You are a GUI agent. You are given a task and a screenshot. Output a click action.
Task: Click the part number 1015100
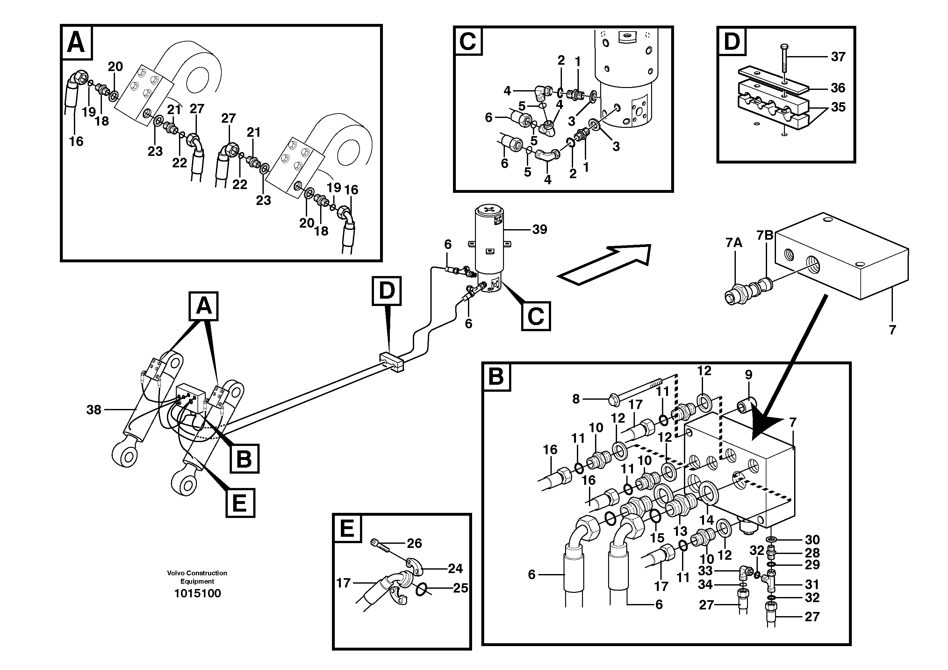click(197, 594)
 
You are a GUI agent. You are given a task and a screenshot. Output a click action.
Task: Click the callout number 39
click(540, 229)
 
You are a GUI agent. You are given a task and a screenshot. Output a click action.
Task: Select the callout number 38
click(94, 410)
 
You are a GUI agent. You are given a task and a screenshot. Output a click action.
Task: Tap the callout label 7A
click(734, 243)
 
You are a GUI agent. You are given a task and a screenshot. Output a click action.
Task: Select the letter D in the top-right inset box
click(732, 41)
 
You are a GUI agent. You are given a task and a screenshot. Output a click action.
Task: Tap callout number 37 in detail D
click(838, 57)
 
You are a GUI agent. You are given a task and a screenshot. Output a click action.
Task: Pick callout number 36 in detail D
click(838, 88)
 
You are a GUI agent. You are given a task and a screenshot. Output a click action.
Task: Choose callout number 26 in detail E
click(414, 543)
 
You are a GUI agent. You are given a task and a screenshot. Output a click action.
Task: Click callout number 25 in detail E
click(460, 588)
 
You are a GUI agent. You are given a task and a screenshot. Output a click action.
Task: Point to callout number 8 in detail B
click(576, 399)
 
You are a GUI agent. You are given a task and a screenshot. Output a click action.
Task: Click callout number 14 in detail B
click(707, 520)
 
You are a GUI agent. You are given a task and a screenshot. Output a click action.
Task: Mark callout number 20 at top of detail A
click(115, 67)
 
